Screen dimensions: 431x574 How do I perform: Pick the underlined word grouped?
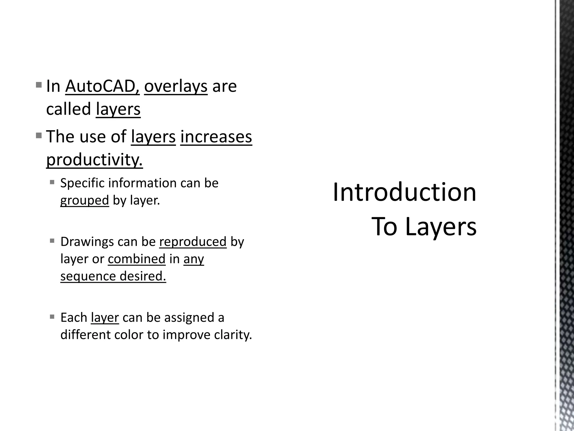[x=84, y=200]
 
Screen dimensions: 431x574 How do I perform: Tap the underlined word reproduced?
[x=193, y=242]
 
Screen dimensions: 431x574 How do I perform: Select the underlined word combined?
[x=136, y=259]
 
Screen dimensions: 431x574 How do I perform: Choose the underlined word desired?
[x=143, y=276]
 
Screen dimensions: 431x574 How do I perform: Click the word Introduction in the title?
[x=404, y=192]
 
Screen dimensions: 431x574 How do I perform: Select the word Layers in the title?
[x=441, y=227]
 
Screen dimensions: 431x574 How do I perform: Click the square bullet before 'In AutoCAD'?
[x=39, y=84]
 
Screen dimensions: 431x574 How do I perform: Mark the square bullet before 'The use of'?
[x=39, y=136]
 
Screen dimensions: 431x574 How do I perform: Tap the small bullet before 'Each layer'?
[x=52, y=317]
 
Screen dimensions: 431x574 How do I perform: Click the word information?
[x=142, y=183]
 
